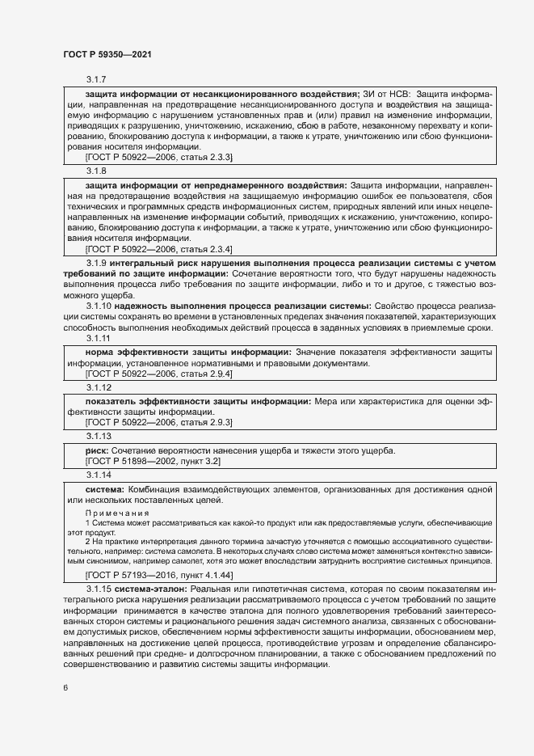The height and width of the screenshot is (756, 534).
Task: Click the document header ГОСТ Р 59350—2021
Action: point(107,53)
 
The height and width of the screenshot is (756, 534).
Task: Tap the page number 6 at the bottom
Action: point(65,687)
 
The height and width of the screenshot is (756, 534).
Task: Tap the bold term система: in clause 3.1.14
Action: point(104,490)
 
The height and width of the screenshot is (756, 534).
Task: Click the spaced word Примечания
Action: point(117,513)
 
